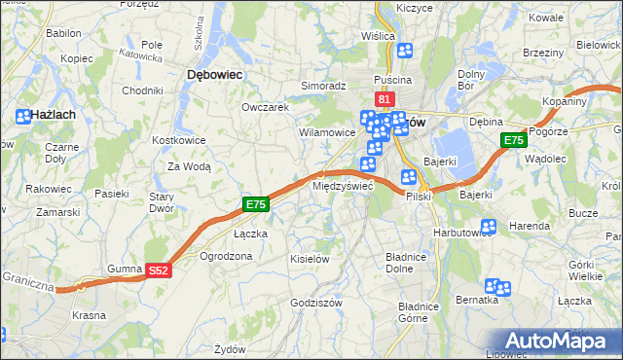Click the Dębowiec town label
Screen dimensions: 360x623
pos(214,74)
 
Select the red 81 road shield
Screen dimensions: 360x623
pos(384,99)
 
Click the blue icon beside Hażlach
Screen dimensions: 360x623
pos(23,116)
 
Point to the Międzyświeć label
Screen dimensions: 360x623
pos(342,185)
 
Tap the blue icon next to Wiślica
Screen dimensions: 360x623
pos(405,51)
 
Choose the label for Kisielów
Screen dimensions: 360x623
pos(311,259)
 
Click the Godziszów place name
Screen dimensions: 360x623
pos(314,303)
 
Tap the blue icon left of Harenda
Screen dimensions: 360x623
pos(489,227)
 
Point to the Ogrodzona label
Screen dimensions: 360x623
pos(226,256)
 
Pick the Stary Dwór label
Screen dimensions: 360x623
pos(160,201)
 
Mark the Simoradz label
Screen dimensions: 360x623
pos(324,86)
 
